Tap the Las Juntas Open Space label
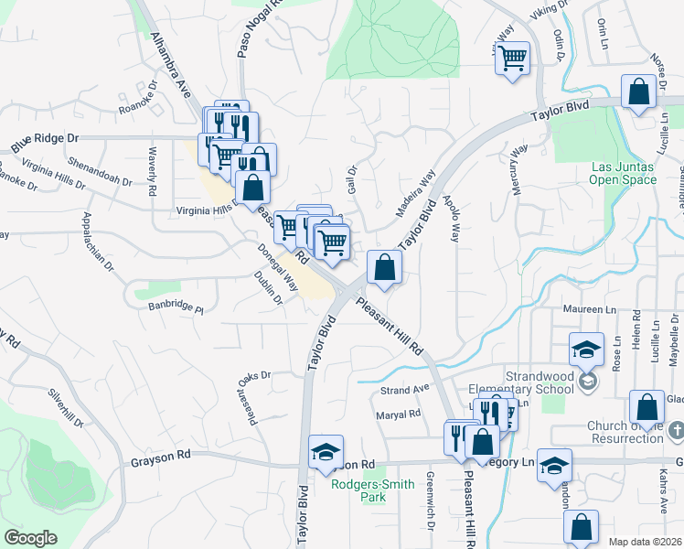pyautogui.click(x=624, y=173)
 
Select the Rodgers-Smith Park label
pyautogui.click(x=358, y=490)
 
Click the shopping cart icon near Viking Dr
pyautogui.click(x=513, y=59)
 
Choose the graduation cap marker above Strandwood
pyautogui.click(x=585, y=350)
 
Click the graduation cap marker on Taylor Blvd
pyautogui.click(x=326, y=452)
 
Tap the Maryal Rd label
pyautogui.click(x=398, y=414)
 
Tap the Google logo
pyautogui.click(x=30, y=538)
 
